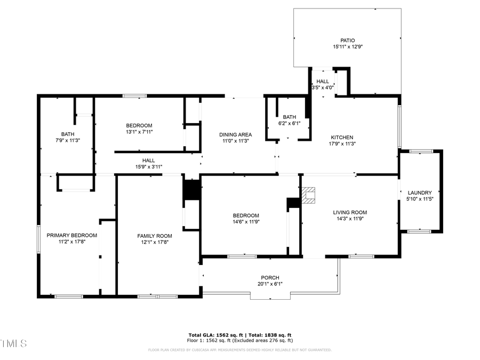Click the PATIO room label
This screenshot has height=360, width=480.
click(347, 41)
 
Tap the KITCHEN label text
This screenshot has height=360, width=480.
click(341, 138)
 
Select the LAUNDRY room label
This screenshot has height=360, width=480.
click(423, 193)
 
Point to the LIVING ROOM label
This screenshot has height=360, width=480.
click(350, 212)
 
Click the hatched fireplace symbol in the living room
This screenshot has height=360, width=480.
click(309, 196)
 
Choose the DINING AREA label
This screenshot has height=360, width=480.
click(235, 134)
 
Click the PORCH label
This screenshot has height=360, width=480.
click(270, 277)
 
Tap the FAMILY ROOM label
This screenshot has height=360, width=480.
click(155, 236)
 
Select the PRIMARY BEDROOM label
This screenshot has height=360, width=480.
click(72, 235)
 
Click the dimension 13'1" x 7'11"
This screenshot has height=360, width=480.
click(139, 132)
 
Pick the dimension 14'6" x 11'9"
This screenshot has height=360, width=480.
click(246, 222)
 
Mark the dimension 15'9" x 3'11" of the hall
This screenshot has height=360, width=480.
click(148, 167)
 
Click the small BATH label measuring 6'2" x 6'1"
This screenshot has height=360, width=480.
click(289, 117)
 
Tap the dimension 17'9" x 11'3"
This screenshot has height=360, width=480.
click(341, 143)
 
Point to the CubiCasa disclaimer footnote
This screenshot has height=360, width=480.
click(239, 350)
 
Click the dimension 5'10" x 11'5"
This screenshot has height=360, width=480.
click(423, 199)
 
